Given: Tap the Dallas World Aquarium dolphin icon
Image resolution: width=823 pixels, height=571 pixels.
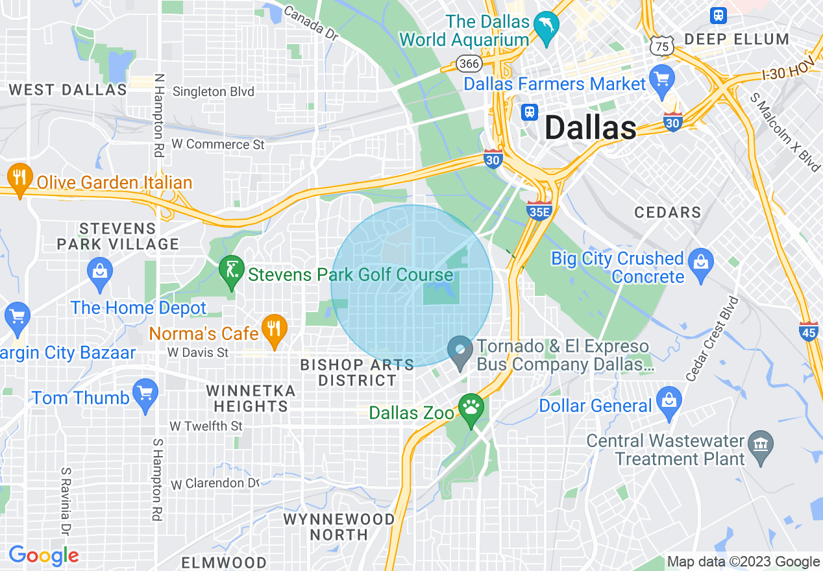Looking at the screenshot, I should tap(546, 28).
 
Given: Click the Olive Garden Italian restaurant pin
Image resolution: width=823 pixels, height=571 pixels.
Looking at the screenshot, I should tap(20, 178).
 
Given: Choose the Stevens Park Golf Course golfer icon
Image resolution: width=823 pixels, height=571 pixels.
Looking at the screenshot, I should tap(231, 269).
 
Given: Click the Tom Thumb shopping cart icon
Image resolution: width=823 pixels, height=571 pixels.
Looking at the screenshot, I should tap(145, 393).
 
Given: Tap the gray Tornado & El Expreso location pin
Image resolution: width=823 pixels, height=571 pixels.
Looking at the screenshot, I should tap(460, 351).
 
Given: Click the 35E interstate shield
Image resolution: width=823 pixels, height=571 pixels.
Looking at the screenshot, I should tap(539, 210).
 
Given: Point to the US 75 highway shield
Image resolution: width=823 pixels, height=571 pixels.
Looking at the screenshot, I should tap(663, 45).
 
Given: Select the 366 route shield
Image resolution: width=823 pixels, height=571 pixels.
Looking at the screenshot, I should tap(468, 63).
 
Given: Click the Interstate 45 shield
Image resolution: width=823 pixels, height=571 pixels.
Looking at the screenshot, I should tap(809, 331).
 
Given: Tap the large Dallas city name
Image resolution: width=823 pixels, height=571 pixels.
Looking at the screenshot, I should tap(590, 128).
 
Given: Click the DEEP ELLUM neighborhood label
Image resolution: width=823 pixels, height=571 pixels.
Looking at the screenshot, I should tap(737, 39).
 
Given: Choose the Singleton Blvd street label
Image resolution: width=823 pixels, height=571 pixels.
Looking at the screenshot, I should tap(213, 91).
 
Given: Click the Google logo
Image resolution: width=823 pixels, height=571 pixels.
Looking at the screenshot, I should tap(43, 555).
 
